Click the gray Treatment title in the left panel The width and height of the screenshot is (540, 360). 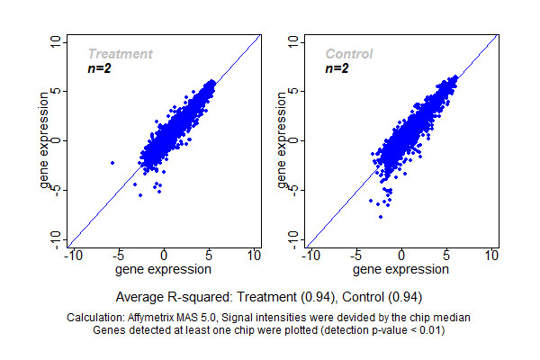(120, 54)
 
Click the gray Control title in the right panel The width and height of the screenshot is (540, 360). (349, 54)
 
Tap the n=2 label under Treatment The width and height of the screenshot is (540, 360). (98, 68)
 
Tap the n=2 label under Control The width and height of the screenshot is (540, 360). (337, 68)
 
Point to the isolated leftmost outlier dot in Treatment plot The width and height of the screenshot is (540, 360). (112, 162)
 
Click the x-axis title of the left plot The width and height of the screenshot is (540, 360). (164, 268)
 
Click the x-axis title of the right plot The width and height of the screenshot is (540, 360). (401, 268)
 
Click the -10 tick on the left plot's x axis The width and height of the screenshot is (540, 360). (72, 256)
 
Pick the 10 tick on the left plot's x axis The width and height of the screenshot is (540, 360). (254, 256)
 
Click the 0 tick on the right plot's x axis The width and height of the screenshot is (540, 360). (401, 256)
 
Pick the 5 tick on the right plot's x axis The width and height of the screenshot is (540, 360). (446, 256)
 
